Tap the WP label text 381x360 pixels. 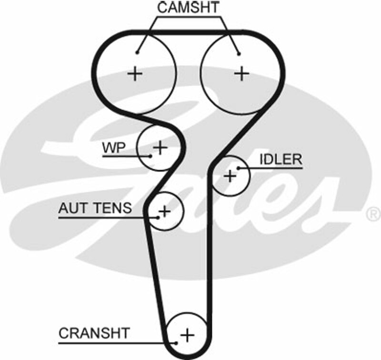click(x=113, y=148)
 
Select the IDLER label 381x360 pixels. click(x=281, y=159)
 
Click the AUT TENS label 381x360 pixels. click(x=95, y=208)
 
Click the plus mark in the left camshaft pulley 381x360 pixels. click(x=136, y=73)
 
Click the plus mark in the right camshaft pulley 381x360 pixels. click(x=242, y=73)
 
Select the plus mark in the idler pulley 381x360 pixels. click(x=231, y=176)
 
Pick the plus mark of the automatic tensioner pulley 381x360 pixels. click(x=164, y=210)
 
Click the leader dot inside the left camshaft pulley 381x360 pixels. click(x=137, y=53)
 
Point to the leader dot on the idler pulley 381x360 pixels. click(x=238, y=167)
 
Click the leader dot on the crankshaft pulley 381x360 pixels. click(x=177, y=342)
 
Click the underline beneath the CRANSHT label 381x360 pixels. click(x=114, y=342)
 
